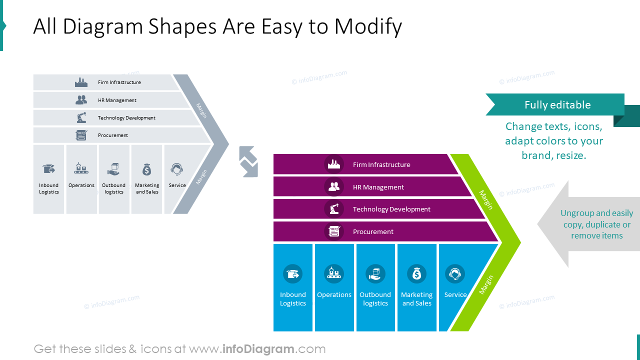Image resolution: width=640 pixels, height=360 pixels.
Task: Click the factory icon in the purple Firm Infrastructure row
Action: point(333,164)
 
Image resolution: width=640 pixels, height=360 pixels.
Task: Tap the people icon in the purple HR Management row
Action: point(333,186)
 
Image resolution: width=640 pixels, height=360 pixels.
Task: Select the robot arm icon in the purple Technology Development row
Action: point(333,209)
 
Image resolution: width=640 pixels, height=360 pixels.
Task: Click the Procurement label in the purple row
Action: point(373,231)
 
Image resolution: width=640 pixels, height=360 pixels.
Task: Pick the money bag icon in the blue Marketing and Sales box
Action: point(416,274)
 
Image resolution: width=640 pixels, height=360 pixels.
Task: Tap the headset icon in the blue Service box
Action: point(454,274)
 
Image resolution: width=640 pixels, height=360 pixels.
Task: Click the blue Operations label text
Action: point(334,295)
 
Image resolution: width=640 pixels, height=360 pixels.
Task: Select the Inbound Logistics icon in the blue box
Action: point(292,274)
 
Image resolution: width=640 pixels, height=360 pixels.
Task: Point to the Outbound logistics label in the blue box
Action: point(375,299)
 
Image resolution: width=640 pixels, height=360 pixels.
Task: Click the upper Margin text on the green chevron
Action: point(485,199)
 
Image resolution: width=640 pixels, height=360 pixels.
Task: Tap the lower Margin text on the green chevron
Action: point(486,284)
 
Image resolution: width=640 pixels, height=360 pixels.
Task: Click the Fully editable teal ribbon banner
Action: point(557,105)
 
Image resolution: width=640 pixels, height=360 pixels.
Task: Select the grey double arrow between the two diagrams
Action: point(248,161)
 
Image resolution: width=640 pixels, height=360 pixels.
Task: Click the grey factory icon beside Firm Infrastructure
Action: point(81,82)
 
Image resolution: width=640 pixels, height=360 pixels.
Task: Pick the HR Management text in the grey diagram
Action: point(117,100)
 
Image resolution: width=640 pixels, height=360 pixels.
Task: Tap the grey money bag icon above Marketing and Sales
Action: point(146,169)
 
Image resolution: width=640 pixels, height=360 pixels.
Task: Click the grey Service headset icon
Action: point(176,169)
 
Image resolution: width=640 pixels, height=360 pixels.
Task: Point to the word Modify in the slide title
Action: point(368,26)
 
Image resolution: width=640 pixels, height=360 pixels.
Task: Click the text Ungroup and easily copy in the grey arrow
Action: point(596,218)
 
